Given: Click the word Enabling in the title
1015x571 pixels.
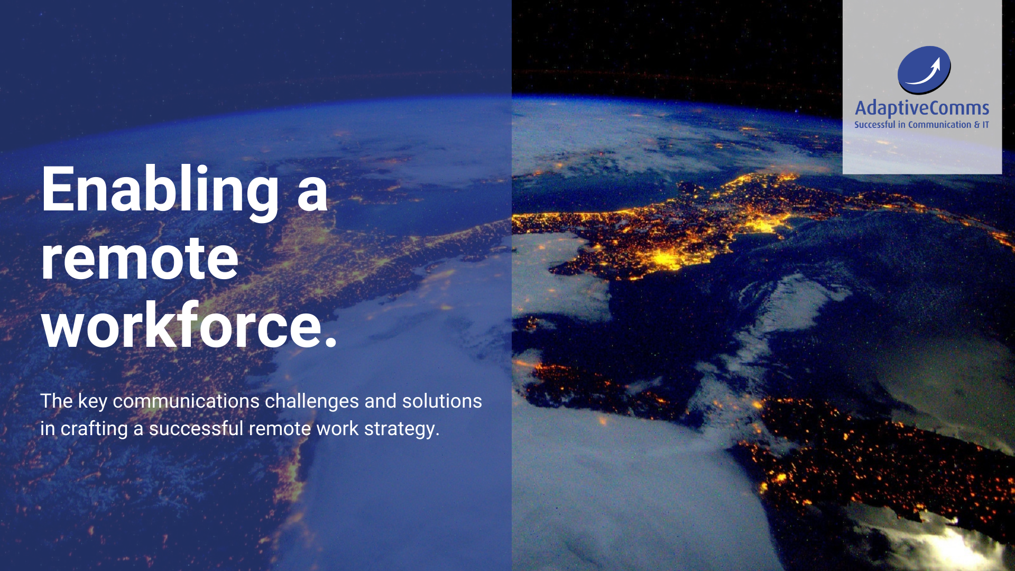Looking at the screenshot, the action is point(160,191).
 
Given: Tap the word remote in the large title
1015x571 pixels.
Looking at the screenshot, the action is point(140,259).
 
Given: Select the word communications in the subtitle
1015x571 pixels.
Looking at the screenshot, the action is point(186,401).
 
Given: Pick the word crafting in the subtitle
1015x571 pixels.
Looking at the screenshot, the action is point(94,429).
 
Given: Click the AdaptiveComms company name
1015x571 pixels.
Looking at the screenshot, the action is point(922,108).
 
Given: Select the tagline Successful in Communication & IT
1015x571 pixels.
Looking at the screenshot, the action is point(921,125).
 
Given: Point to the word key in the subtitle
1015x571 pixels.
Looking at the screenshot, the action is point(93,402).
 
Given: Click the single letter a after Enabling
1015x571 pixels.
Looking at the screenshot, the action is point(312,195).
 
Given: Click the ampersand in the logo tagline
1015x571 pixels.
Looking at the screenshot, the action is point(977,125).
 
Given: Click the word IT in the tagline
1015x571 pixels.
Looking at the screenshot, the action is point(986,125).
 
